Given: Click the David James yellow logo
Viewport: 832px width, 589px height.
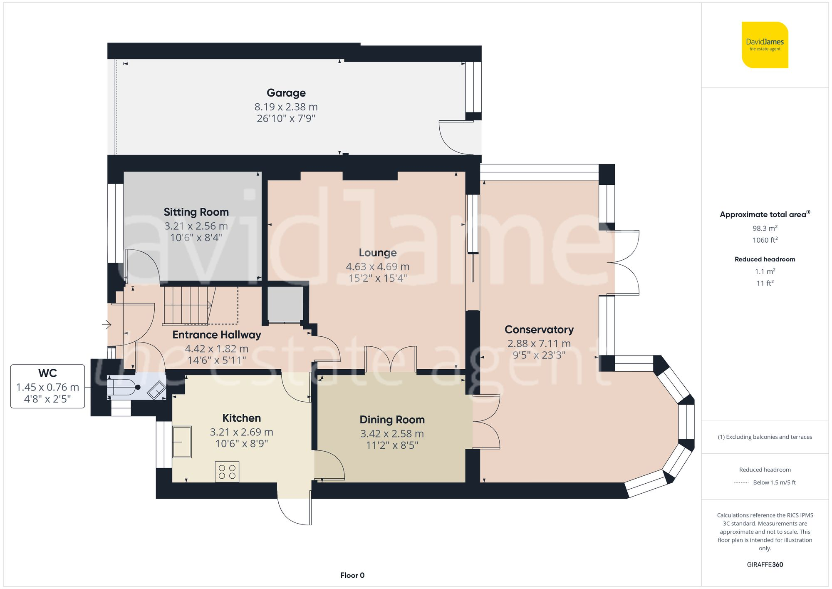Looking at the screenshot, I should coord(765,45).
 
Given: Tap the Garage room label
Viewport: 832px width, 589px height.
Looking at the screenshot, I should coord(286,93).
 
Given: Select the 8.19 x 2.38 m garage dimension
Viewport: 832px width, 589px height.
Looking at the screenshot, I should coord(286,107).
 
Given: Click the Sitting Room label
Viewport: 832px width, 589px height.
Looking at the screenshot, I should coord(196,212).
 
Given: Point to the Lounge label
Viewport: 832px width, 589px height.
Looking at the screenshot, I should coord(377,253).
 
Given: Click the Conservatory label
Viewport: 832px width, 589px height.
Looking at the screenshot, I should coord(539,330).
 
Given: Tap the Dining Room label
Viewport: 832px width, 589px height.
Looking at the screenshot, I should coord(392,420).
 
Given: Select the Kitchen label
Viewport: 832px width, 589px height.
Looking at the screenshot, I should coord(241,418).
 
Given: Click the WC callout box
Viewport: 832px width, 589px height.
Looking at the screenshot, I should coord(47,386).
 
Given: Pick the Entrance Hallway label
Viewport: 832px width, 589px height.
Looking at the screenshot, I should coord(216,335).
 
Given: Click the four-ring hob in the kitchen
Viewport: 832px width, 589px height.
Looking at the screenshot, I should coord(227,472).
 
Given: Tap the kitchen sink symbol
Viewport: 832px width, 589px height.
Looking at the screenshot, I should coord(182,442).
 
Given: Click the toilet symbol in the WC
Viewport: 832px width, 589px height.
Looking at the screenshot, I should coord(123,387).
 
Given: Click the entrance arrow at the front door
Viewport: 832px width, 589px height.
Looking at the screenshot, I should coord(106,324).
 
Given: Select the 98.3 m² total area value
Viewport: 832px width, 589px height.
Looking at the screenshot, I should coord(765,228).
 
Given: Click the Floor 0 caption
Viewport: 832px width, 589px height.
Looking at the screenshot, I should coord(352,575).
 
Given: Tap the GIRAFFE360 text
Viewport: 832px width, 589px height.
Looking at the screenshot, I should coord(765,565).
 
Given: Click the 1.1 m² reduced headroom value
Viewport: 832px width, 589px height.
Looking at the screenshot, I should coord(765,271).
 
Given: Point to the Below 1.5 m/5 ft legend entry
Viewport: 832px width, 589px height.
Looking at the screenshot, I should coord(774,482).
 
